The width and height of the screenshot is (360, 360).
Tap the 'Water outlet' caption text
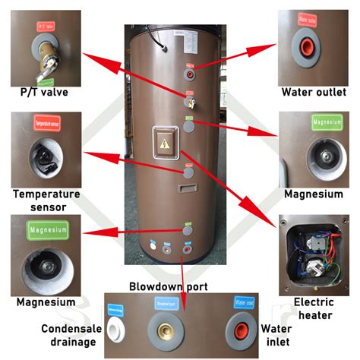(314, 93)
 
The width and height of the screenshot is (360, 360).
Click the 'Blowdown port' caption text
(178, 286)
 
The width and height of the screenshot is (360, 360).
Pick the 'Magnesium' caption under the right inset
(314, 194)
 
